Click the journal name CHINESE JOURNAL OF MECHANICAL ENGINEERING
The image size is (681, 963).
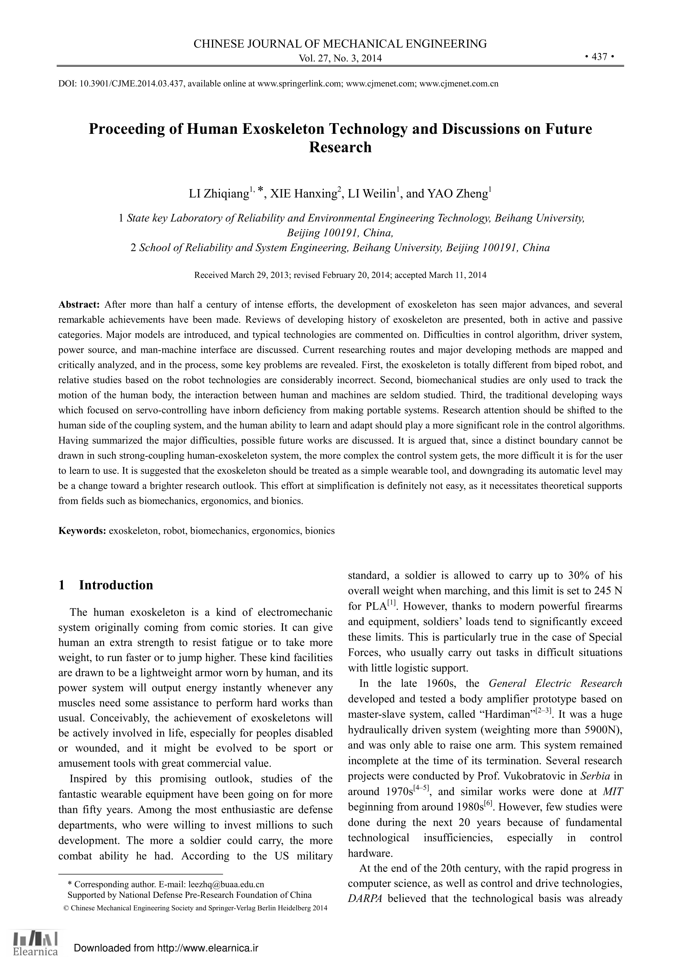pyautogui.click(x=340, y=43)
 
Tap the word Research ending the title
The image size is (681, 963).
pyautogui.click(x=340, y=147)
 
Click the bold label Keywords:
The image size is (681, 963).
pyautogui.click(x=82, y=531)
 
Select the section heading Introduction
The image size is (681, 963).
pyautogui.click(x=116, y=585)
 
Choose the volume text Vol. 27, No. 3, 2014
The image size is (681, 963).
pyautogui.click(x=340, y=58)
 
